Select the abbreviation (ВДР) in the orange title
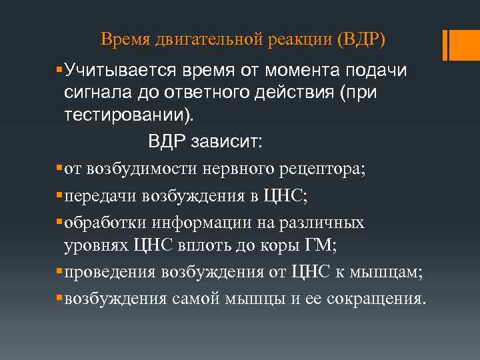(361, 40)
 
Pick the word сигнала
(102, 92)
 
